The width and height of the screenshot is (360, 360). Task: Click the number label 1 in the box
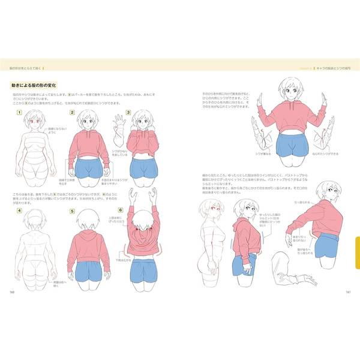tap(19, 113)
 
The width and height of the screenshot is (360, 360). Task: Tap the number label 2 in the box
tap(72, 113)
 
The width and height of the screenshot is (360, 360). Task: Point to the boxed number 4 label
tap(19, 211)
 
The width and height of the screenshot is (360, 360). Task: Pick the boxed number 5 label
tap(72, 211)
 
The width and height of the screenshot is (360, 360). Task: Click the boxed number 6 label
tap(121, 211)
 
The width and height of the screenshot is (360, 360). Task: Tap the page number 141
tap(348, 292)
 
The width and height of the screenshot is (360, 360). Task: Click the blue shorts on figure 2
tap(91, 170)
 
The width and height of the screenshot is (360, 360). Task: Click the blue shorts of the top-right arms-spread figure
tap(291, 148)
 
